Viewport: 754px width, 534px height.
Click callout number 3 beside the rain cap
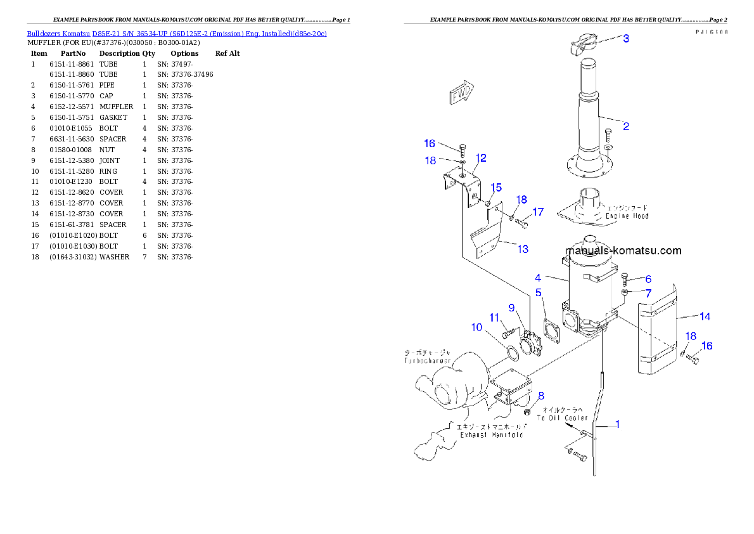click(x=626, y=39)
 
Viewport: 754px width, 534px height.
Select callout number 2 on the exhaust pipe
click(x=626, y=126)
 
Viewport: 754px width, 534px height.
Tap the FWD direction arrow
click(x=461, y=93)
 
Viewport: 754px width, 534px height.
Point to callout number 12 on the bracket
click(x=481, y=158)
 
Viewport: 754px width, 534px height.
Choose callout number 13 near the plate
click(x=523, y=249)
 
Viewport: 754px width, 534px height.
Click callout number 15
click(x=496, y=187)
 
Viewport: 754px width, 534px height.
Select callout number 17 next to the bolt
click(x=538, y=212)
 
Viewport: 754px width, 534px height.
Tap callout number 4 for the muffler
click(x=538, y=278)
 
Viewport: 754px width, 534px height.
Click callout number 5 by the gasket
click(x=539, y=292)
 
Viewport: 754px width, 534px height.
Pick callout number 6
click(x=648, y=279)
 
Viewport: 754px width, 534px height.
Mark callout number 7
click(x=648, y=293)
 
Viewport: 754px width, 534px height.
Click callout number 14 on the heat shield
click(x=705, y=316)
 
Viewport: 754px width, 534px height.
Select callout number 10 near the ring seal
click(x=477, y=327)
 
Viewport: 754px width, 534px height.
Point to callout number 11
click(x=494, y=317)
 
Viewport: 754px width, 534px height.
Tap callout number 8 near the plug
click(x=540, y=396)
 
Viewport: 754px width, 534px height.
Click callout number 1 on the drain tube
click(x=618, y=424)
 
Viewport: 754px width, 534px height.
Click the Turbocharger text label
click(x=428, y=360)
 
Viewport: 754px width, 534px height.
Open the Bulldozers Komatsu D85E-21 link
click(x=177, y=34)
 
